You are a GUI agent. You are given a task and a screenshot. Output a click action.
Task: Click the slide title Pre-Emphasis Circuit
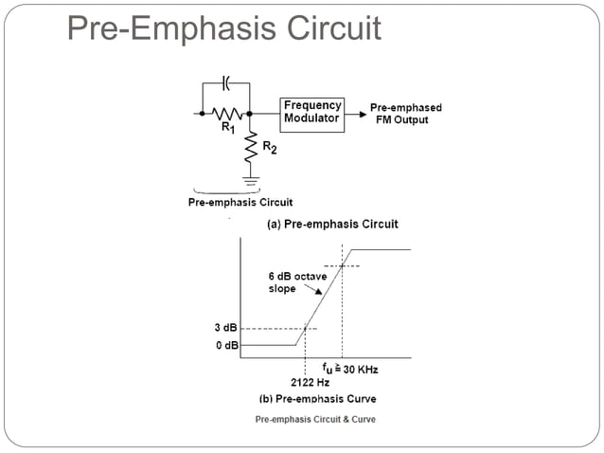coord(224,28)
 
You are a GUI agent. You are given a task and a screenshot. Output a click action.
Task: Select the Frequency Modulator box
coord(312,113)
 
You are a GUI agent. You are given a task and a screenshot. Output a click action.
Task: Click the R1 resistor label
coord(228,129)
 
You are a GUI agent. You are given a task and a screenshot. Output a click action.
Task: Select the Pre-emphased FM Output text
coord(405,114)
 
